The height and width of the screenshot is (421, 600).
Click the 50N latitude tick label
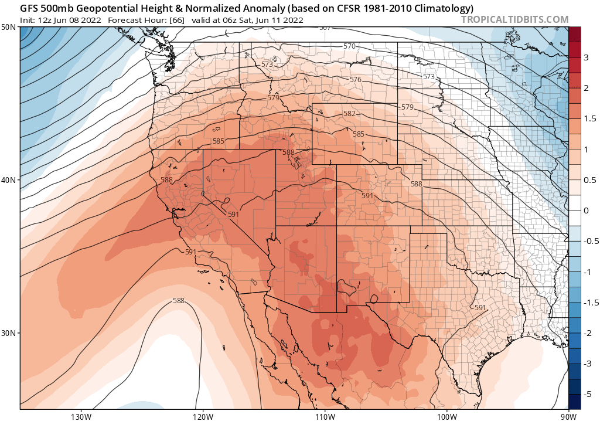[x=8, y=28]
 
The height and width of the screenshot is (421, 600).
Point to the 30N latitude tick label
[x=8, y=332]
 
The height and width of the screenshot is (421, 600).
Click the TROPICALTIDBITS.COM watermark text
[x=514, y=19]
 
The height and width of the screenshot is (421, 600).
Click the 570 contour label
[x=349, y=46]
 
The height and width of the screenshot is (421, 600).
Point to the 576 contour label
[x=355, y=80]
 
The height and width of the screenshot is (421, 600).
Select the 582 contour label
[x=350, y=114]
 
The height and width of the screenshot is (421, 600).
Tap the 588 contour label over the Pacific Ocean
[x=179, y=301]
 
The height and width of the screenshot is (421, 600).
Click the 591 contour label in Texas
[x=480, y=308]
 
